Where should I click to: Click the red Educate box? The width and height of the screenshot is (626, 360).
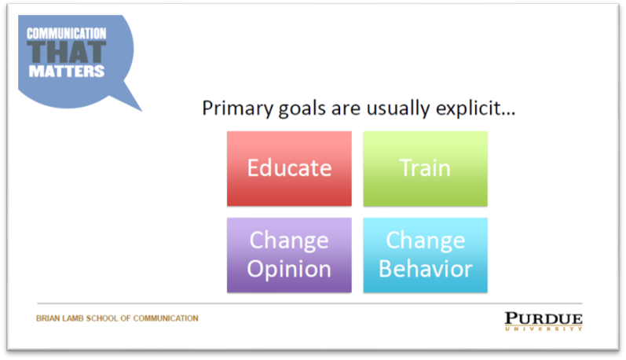289,169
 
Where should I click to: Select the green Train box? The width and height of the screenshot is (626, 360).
425,169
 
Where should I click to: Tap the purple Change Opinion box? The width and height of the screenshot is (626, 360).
289,255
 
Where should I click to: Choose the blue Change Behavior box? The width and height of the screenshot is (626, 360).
425,255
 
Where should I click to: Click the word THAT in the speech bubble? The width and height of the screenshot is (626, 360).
67,53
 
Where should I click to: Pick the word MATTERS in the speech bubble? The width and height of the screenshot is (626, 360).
67,72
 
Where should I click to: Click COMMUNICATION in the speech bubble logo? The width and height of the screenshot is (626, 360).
67,34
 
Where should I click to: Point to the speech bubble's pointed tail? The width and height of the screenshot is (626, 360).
141,110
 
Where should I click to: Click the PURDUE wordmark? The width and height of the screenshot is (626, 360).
544,318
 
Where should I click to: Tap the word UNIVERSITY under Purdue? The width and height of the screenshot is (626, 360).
544,329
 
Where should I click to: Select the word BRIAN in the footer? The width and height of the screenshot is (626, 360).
48,318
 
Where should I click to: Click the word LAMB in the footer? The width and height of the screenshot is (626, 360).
73,318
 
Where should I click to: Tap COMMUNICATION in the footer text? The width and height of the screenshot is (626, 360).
166,318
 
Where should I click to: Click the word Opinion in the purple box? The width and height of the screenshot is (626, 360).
289,270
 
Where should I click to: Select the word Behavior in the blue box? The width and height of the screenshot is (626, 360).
426,269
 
